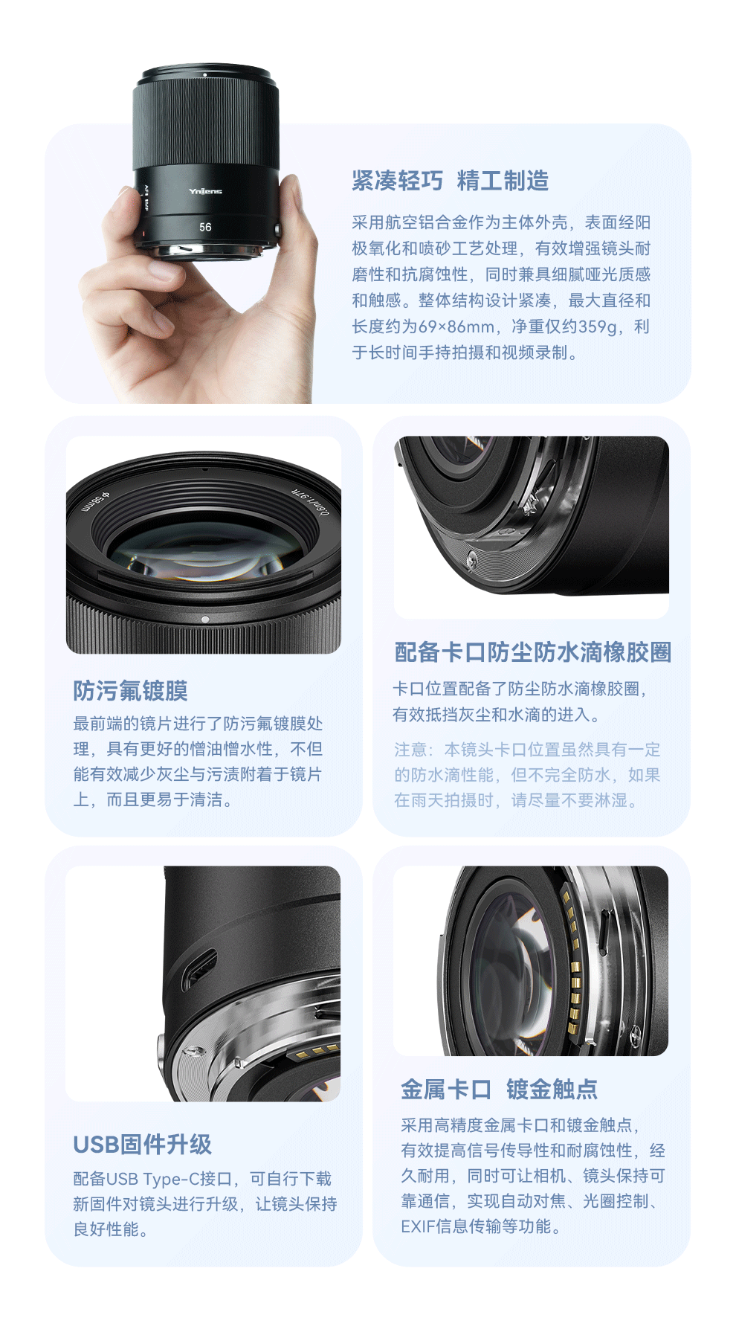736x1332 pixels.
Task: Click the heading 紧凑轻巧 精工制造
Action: [451, 181]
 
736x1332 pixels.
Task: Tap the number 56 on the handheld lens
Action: [205, 227]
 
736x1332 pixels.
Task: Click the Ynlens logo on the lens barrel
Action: [205, 191]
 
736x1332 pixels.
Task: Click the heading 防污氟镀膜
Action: [130, 690]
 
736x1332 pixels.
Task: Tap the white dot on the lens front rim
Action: [205, 619]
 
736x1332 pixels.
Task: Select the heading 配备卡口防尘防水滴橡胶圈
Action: [533, 652]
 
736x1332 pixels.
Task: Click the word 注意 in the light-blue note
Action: [410, 750]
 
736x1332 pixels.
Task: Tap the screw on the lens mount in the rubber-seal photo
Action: [471, 559]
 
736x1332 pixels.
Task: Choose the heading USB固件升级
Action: [143, 1144]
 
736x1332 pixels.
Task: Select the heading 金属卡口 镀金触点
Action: [500, 1090]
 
